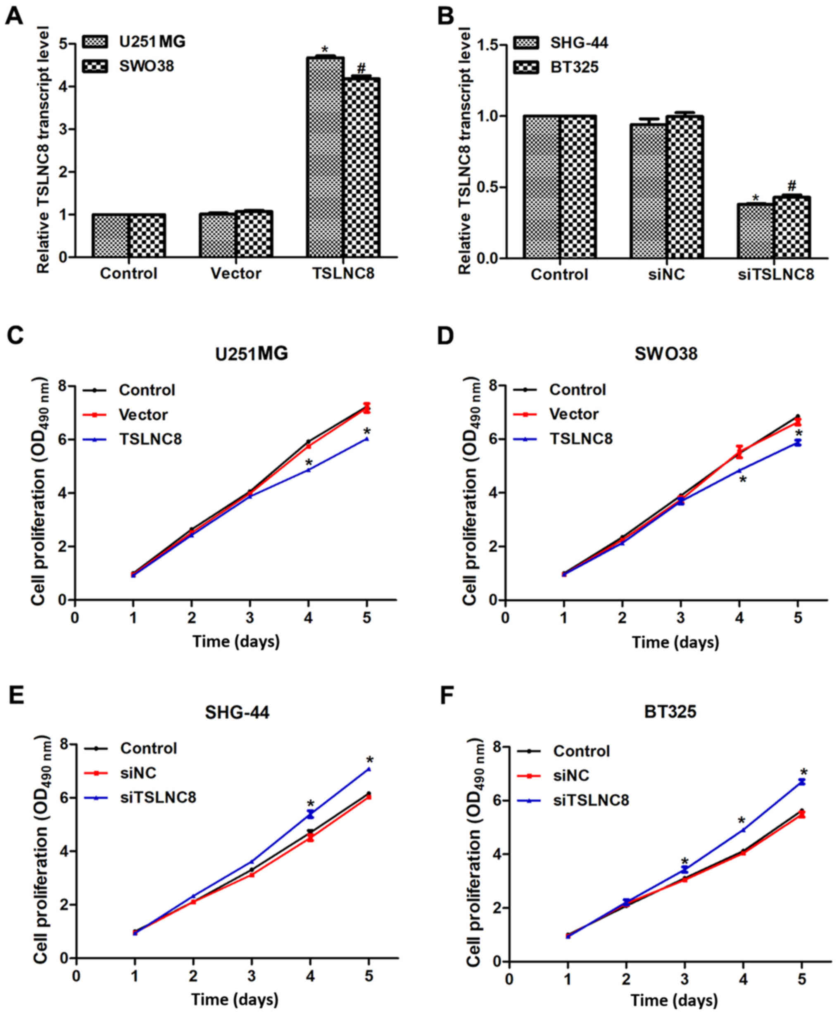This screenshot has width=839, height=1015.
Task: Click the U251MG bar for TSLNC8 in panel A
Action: tap(325, 157)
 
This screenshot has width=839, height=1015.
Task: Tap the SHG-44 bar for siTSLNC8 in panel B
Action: tap(755, 230)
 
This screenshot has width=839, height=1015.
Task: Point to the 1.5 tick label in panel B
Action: tap(492, 46)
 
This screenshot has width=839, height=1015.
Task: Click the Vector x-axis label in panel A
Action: tap(236, 274)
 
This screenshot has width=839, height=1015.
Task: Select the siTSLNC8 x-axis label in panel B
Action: tap(776, 274)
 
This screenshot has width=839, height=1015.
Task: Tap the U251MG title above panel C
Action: tap(252, 354)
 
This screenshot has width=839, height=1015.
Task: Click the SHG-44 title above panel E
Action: tap(237, 712)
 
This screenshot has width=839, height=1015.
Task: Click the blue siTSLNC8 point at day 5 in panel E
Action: tap(369, 769)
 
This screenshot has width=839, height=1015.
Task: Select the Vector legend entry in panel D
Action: tap(573, 414)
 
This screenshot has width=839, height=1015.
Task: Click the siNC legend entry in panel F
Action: tap(571, 776)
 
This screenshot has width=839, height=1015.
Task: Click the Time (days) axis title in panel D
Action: tap(675, 642)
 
